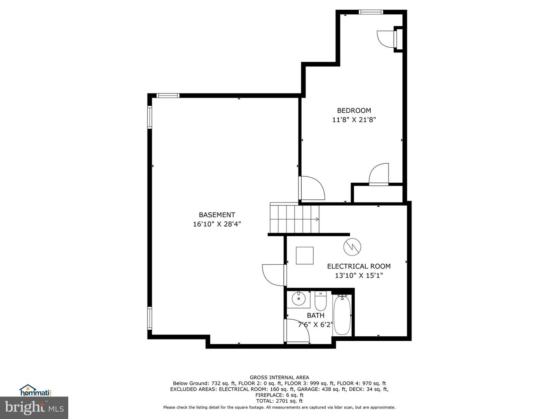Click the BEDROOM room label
(x=354, y=111)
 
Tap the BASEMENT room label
(x=217, y=215)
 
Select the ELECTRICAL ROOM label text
(x=359, y=267)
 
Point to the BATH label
(x=316, y=315)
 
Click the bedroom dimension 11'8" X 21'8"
(x=354, y=119)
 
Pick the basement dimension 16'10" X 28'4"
(x=217, y=224)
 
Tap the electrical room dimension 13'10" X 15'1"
(x=359, y=275)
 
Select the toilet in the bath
(x=321, y=301)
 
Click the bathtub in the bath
(x=342, y=315)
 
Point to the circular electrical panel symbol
(x=352, y=246)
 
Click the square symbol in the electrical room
(x=305, y=255)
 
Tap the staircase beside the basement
(x=295, y=218)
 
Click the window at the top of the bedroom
(x=371, y=12)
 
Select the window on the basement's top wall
(x=168, y=95)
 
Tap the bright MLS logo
(x=34, y=408)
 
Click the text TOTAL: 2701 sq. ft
(x=279, y=401)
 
